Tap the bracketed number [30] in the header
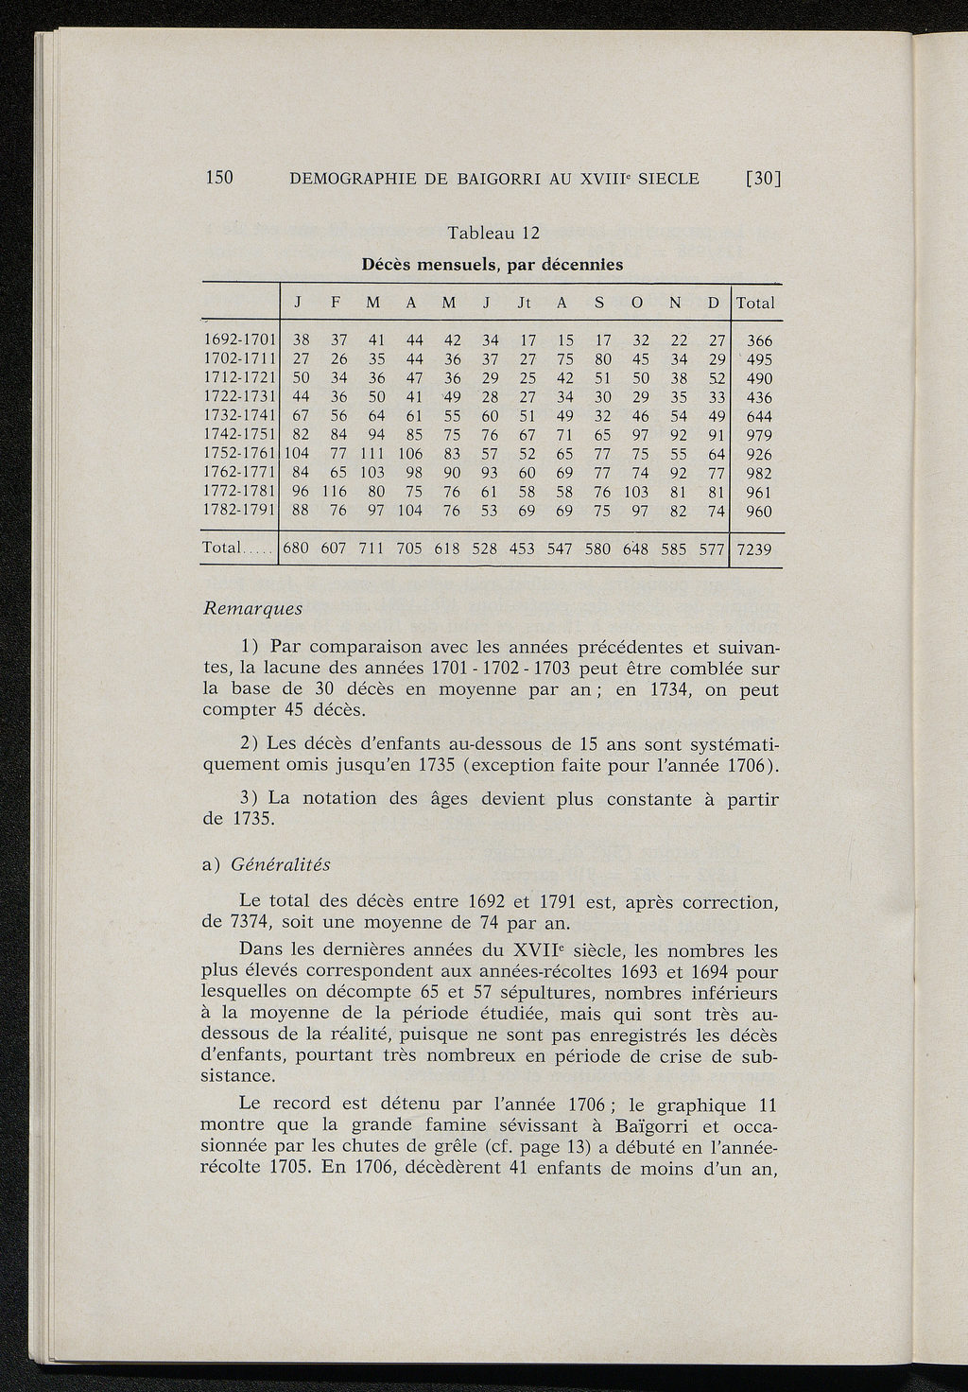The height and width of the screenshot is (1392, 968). tap(767, 178)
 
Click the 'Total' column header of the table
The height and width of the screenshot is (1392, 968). tap(755, 303)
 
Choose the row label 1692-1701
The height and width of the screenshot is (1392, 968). tap(239, 340)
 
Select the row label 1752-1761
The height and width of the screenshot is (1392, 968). tap(239, 454)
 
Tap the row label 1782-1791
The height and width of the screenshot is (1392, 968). tap(239, 511)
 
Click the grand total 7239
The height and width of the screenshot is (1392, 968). tap(754, 548)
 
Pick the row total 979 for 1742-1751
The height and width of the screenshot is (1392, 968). tap(759, 435)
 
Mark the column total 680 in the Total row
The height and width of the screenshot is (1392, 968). tap(297, 548)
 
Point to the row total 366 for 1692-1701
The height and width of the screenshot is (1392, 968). tap(759, 340)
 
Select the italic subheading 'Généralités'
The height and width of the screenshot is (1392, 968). tap(279, 864)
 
